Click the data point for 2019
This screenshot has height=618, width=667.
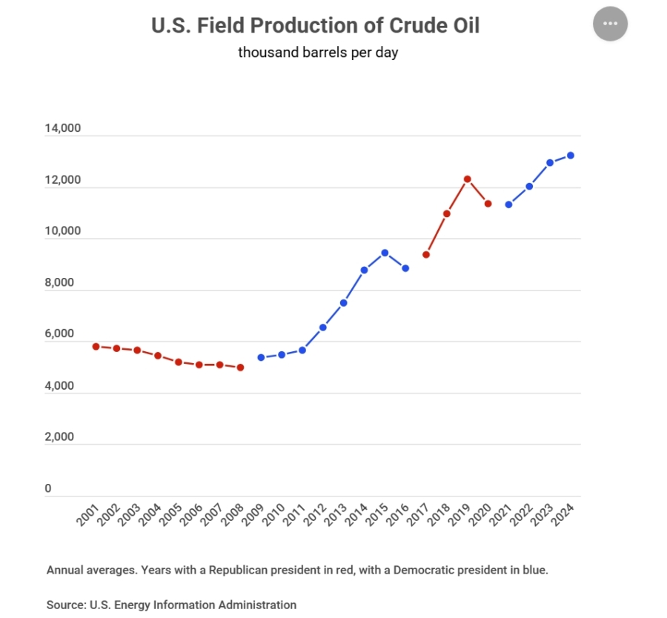click(x=468, y=179)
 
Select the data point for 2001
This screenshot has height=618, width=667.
click(x=96, y=346)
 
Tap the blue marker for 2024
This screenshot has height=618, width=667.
click(x=571, y=155)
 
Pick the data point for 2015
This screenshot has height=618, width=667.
click(x=385, y=253)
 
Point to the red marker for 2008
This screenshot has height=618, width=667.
click(x=240, y=367)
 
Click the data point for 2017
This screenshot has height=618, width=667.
click(x=426, y=254)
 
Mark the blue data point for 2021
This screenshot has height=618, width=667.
click(x=508, y=204)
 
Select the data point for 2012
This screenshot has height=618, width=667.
click(x=323, y=327)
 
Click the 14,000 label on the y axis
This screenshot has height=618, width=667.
click(x=62, y=129)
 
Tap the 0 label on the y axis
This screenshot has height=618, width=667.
click(x=48, y=488)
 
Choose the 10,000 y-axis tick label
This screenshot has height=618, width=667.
click(x=62, y=231)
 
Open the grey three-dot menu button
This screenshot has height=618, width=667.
click(x=610, y=24)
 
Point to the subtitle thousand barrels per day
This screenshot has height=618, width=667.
click(x=318, y=53)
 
